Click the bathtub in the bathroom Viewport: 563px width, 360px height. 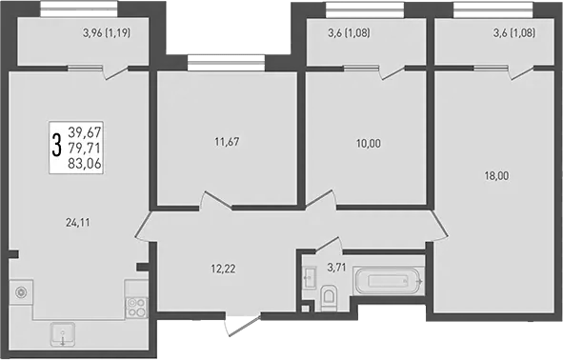[387, 282]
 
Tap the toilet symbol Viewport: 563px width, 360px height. [328, 301]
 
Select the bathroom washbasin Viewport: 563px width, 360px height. [308, 277]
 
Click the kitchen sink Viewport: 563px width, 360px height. [64, 334]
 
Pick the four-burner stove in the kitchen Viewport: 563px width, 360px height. [134, 307]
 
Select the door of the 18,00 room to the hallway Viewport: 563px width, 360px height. [441, 226]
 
